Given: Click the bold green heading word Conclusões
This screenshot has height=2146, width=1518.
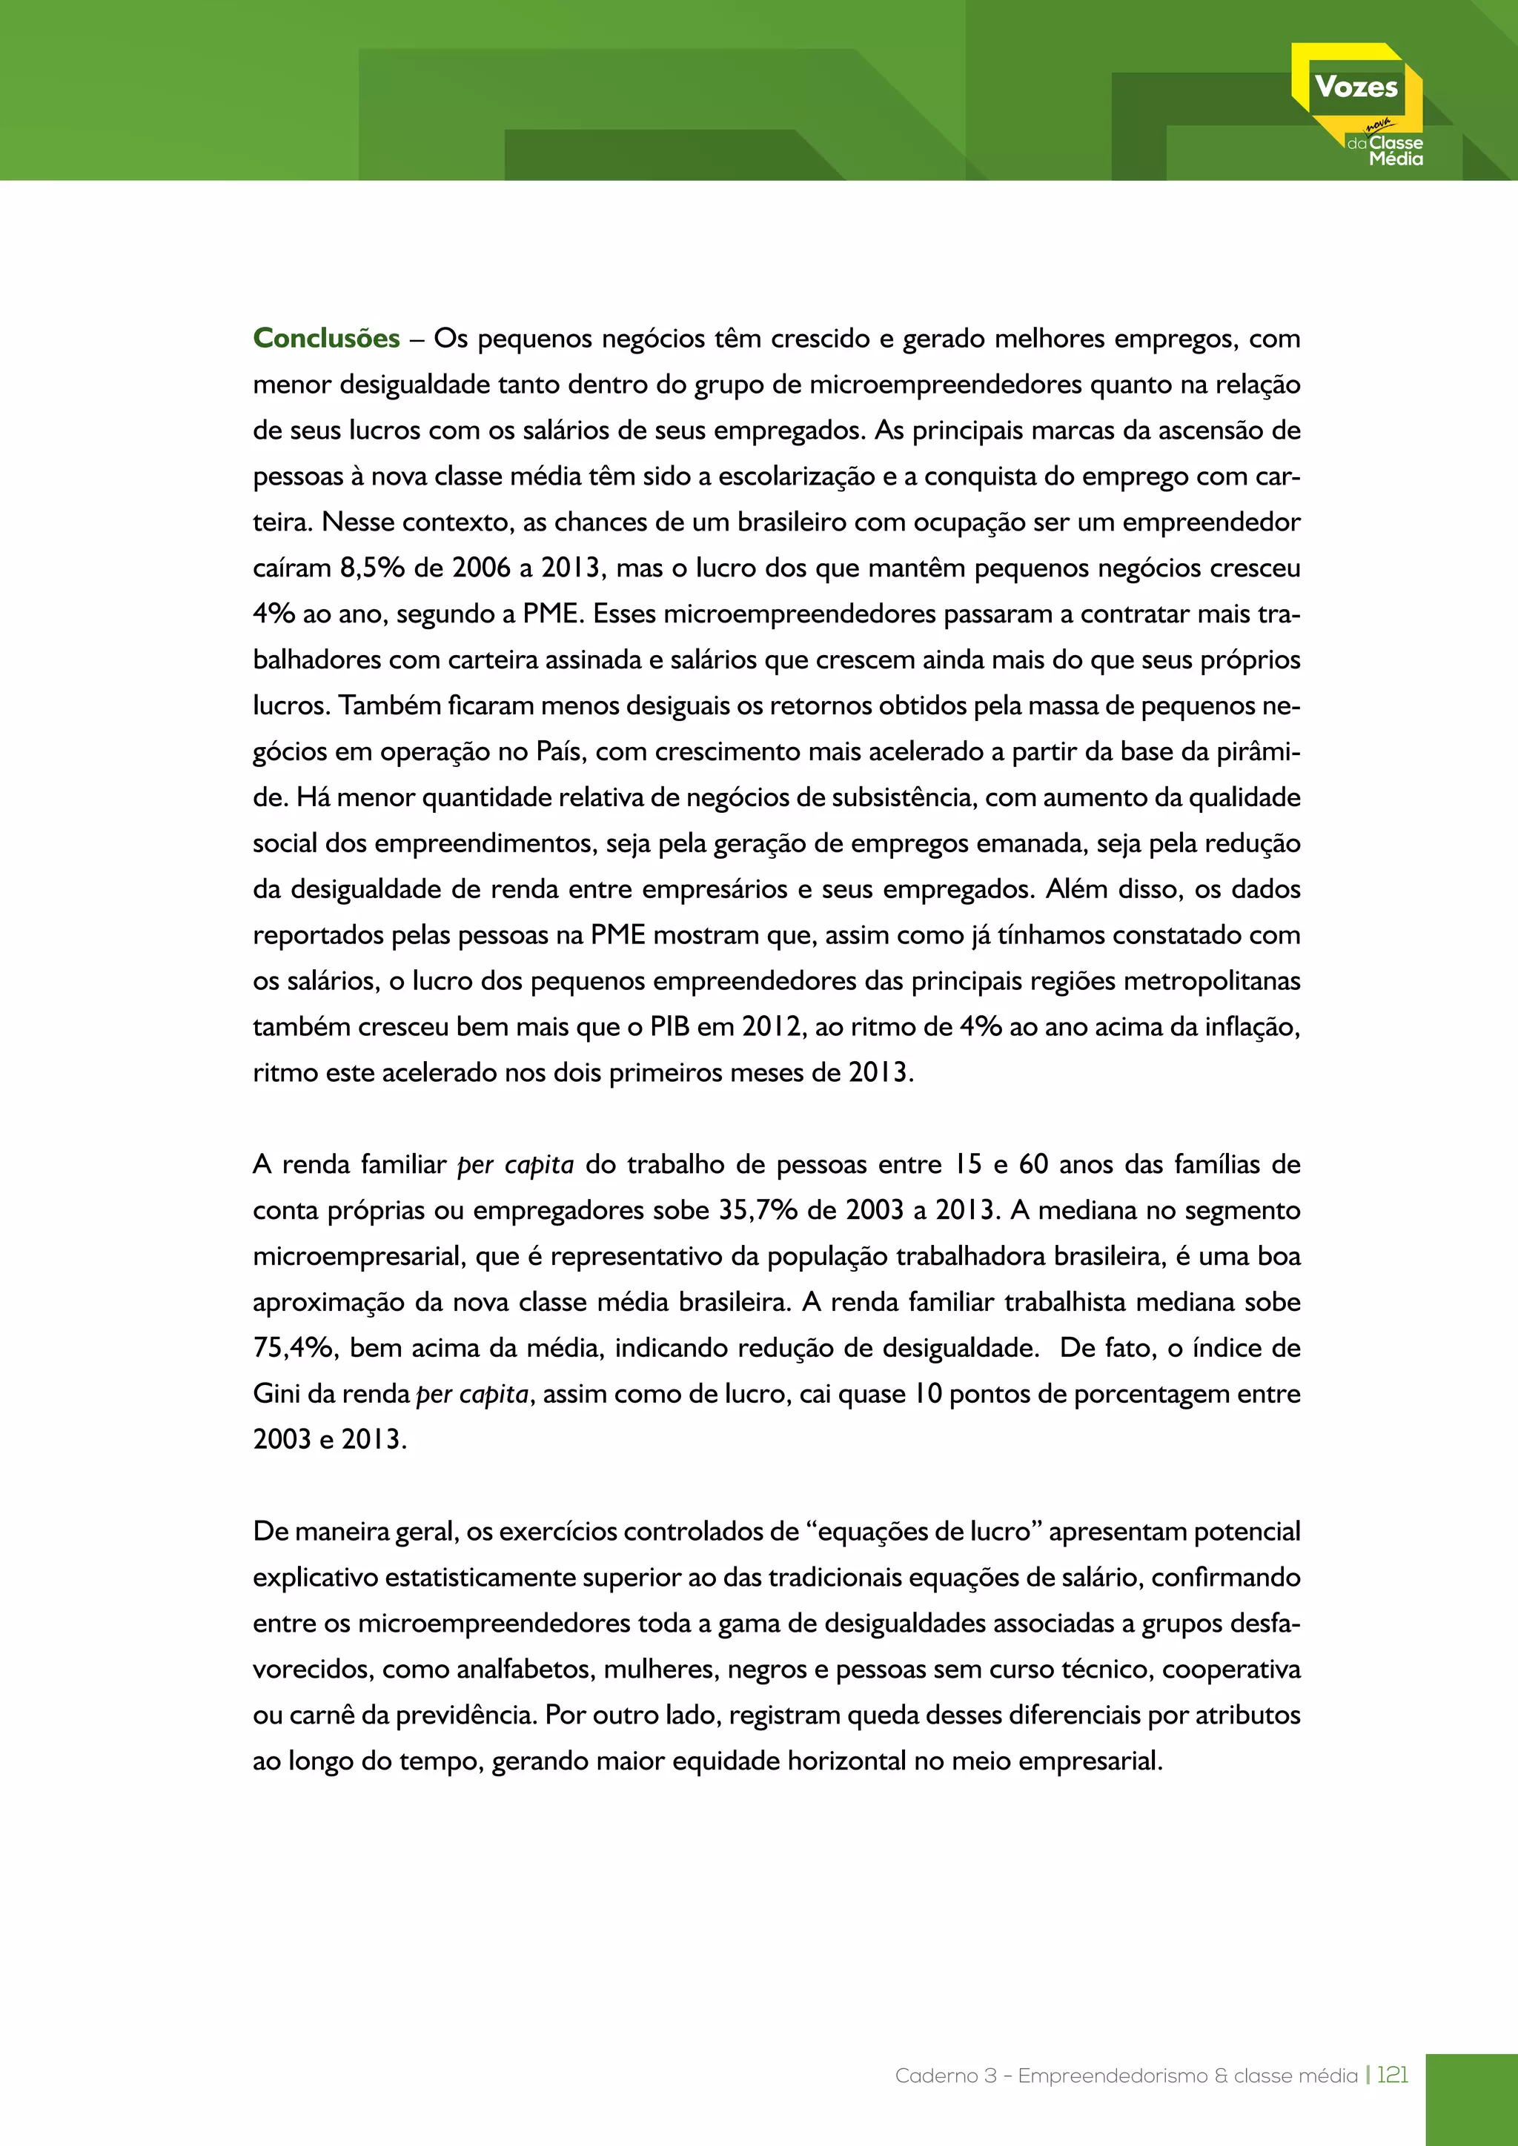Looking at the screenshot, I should (x=326, y=339).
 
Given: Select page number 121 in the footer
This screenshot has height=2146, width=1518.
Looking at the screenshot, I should (x=1392, y=2075).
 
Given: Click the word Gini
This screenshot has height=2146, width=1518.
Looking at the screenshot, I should (x=276, y=1394).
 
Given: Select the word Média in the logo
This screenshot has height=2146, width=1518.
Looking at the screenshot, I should (x=1396, y=160).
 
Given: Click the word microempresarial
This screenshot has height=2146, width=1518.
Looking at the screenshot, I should (x=360, y=1256).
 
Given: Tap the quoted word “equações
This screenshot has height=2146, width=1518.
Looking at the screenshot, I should (x=873, y=1531).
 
